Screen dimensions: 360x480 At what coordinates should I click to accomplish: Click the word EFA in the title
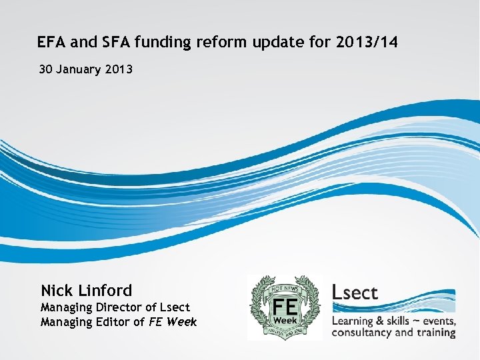[x=50, y=43]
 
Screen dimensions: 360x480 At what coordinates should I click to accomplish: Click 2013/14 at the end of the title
[x=367, y=43]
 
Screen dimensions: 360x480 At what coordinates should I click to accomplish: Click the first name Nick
[x=57, y=291]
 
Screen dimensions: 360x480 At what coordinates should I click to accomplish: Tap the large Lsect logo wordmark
[x=355, y=292]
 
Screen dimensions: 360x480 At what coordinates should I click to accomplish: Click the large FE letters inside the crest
[x=285, y=305]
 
